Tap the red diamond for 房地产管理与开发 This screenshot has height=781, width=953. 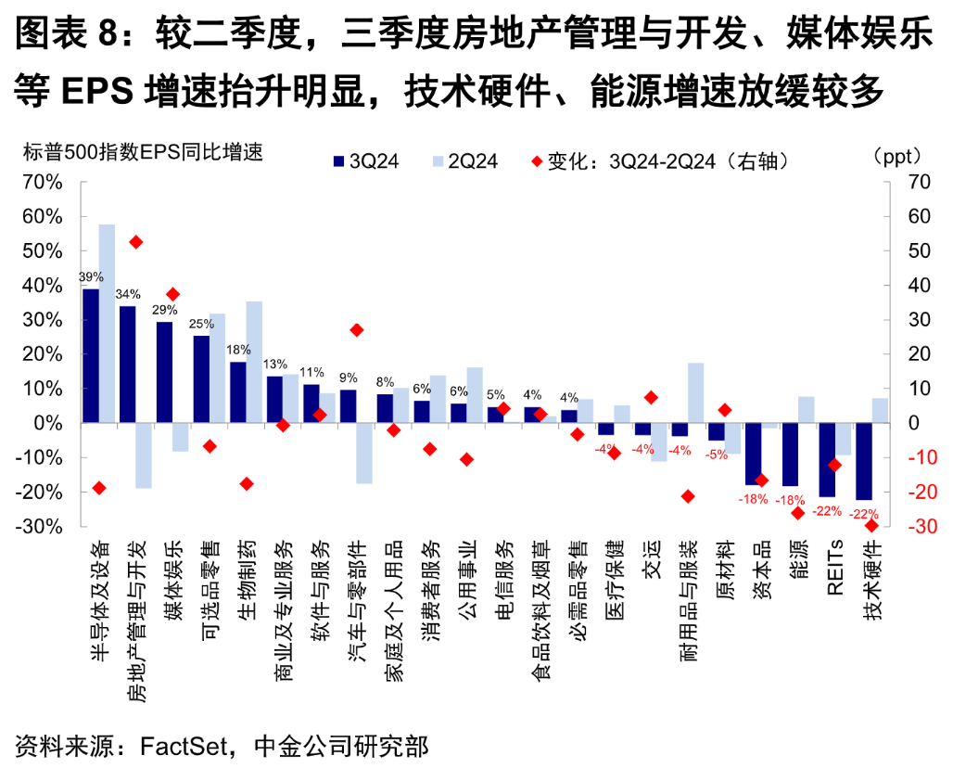coord(135,242)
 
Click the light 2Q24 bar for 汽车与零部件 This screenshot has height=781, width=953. coord(364,453)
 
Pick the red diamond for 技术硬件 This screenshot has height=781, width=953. coord(871,526)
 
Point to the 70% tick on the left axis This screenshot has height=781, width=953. coord(43,182)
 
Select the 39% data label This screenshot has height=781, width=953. coord(91,277)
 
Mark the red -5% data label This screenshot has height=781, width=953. coord(716,454)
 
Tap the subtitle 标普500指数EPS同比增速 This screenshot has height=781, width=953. coord(139,151)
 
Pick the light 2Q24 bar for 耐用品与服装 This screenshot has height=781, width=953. coord(695,392)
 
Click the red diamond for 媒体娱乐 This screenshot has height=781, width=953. coord(172,294)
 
